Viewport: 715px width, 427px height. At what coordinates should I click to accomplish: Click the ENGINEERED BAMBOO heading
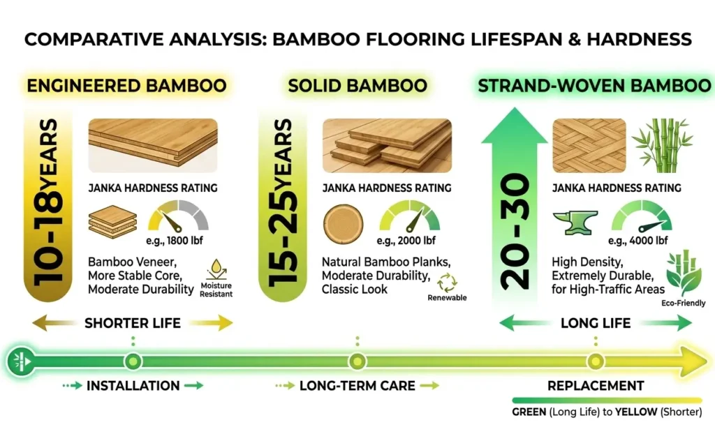pyautogui.click(x=127, y=87)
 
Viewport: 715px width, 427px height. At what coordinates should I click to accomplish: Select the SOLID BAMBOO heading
pyautogui.click(x=357, y=87)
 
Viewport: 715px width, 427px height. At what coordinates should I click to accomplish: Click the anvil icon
pyautogui.click(x=573, y=221)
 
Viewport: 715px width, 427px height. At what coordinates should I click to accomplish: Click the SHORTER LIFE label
pyautogui.click(x=133, y=323)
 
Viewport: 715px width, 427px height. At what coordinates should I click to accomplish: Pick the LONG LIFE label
pyautogui.click(x=596, y=323)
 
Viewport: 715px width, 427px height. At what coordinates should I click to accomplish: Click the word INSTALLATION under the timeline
pyautogui.click(x=133, y=385)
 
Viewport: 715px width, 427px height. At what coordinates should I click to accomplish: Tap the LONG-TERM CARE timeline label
pyautogui.click(x=357, y=385)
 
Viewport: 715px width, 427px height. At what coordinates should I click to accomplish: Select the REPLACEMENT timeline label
pyautogui.click(x=596, y=385)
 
